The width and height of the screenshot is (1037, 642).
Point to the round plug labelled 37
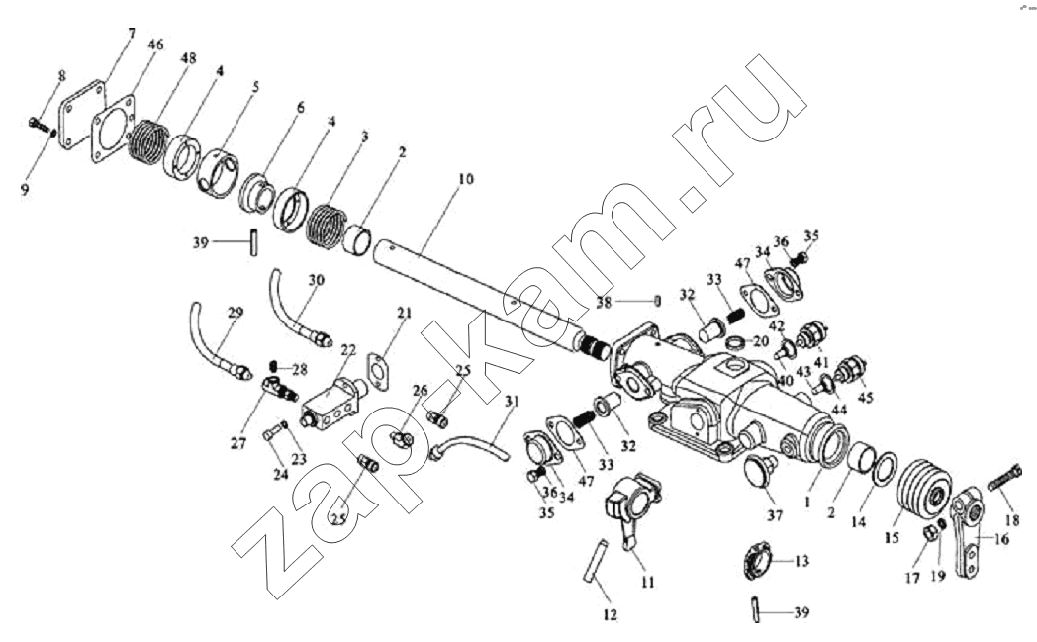click(759, 473)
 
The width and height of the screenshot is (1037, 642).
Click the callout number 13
click(801, 560)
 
